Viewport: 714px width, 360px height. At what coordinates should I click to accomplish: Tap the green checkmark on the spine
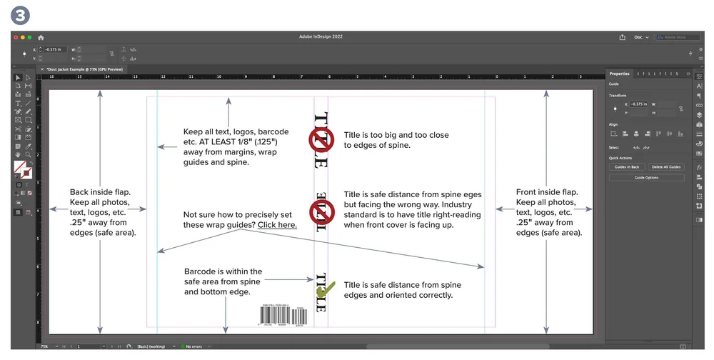(325, 289)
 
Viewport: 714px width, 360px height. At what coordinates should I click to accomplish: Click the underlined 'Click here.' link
(277, 225)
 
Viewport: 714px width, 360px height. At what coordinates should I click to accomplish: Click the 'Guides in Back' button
(626, 167)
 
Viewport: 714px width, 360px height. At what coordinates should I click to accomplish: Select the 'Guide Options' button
(646, 177)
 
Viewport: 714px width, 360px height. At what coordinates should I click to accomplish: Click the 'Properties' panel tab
(619, 74)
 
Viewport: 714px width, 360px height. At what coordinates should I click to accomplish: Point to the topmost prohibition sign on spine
(321, 139)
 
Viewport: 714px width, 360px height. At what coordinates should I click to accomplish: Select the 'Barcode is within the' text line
(223, 271)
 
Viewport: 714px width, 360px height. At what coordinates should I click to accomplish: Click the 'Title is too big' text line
(396, 135)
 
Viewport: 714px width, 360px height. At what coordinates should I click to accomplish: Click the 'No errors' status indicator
(192, 346)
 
